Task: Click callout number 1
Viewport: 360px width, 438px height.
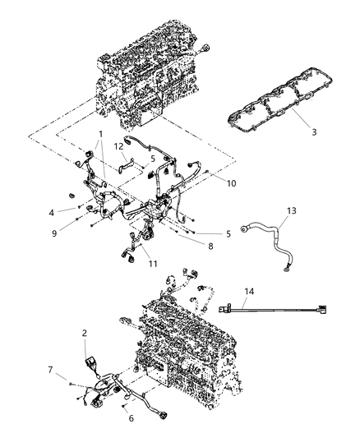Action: [x=100, y=133]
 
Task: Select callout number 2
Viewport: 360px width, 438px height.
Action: [x=84, y=333]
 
